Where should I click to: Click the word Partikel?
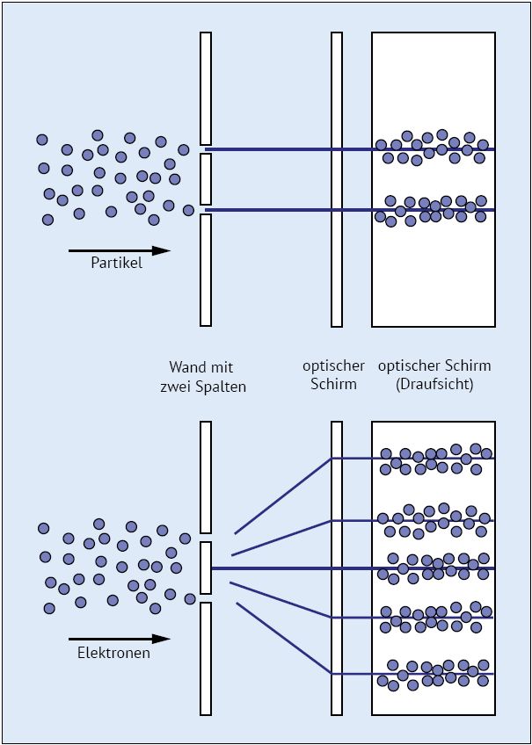[116, 264]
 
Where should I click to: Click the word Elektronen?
[113, 653]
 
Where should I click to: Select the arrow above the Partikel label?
[118, 250]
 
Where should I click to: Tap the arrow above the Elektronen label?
[118, 639]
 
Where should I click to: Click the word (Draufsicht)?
[434, 385]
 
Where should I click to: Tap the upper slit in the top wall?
[206, 149]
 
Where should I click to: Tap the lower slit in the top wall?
[206, 209]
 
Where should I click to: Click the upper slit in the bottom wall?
[206, 538]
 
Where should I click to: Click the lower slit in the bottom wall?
[206, 597]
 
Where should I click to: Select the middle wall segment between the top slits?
[206, 179]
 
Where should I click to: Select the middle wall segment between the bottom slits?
[206, 568]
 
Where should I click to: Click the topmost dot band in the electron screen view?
[434, 458]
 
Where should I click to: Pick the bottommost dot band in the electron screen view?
[434, 674]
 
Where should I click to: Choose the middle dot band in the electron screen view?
[434, 568]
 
